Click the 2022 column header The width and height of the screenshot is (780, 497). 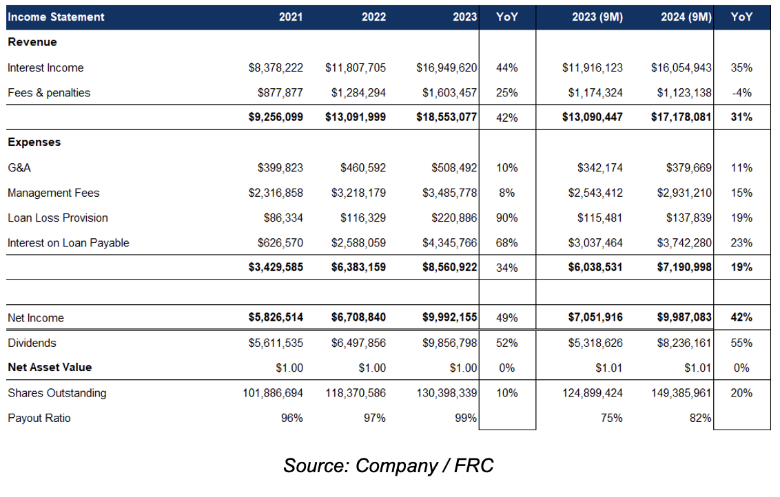[x=373, y=17]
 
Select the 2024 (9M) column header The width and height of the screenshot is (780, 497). [x=686, y=17]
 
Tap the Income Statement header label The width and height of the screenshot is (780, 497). [x=57, y=17]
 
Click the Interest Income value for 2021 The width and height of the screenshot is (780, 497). [x=276, y=67]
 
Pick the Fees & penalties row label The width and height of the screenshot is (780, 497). [x=49, y=93]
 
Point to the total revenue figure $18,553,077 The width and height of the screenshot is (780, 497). [x=447, y=117]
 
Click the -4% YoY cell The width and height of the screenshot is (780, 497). [x=741, y=93]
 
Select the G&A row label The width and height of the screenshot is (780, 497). [x=19, y=168]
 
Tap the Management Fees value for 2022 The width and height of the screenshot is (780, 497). [x=358, y=193]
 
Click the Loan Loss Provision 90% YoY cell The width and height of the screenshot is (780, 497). [x=507, y=218]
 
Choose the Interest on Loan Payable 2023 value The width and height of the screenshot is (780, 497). [x=449, y=243]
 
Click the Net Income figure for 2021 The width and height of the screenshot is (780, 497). [x=276, y=317]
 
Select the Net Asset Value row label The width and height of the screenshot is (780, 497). [x=50, y=368]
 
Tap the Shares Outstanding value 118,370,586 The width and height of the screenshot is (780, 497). [x=356, y=393]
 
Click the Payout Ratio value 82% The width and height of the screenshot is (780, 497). [x=700, y=419]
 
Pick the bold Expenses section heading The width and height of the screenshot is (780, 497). [x=34, y=142]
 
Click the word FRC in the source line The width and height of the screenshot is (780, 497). [x=473, y=466]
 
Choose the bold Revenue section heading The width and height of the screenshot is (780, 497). [x=32, y=42]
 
